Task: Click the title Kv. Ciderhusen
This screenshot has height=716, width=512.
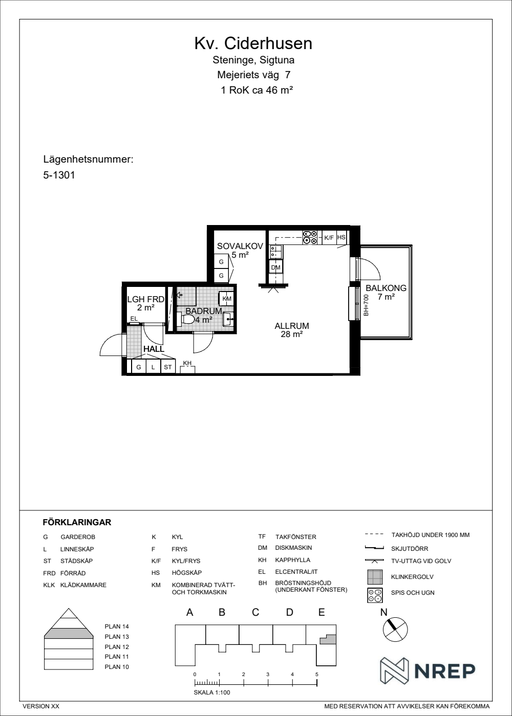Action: (253, 43)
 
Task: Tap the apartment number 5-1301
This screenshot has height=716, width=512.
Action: (59, 175)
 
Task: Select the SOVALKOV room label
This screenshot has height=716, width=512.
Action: (240, 246)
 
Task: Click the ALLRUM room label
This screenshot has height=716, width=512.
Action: (292, 326)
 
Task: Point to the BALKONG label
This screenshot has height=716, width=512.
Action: (386, 287)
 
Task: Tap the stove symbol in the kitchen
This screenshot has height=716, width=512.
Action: (310, 237)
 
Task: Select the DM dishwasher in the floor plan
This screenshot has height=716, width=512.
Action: (275, 267)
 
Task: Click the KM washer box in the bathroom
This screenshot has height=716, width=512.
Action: (226, 299)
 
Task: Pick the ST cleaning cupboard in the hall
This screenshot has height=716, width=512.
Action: (168, 367)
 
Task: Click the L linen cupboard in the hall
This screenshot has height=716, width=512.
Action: (153, 367)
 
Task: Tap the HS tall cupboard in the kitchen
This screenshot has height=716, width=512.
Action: (341, 237)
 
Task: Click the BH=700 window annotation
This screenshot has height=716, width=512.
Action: (367, 305)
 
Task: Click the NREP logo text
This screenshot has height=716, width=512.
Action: (445, 671)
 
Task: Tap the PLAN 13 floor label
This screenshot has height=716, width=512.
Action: (117, 636)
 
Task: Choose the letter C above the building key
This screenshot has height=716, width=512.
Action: (255, 612)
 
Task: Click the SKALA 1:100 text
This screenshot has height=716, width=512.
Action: (212, 692)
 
